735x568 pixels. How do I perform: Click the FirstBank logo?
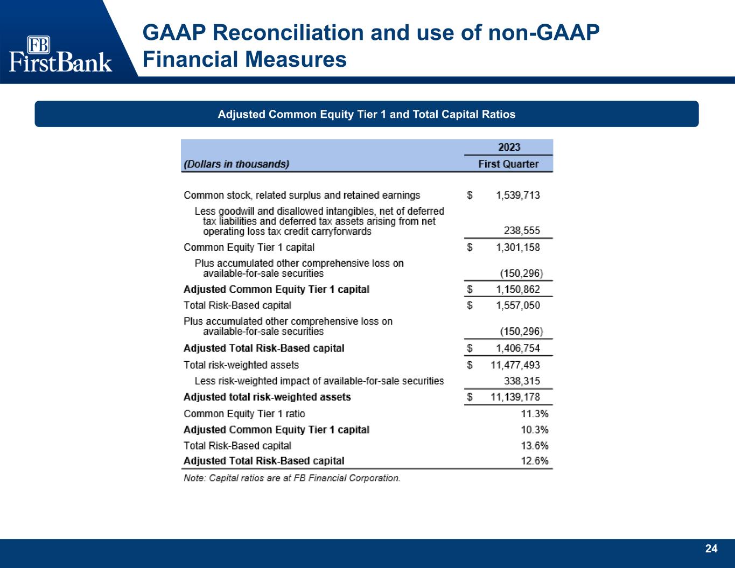(60, 54)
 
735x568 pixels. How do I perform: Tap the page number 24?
(711, 549)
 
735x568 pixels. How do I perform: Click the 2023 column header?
(509, 147)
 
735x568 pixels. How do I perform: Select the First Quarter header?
(508, 164)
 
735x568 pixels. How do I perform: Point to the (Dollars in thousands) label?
(236, 164)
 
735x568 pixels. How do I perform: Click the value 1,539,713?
(518, 195)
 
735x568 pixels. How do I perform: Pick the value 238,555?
(522, 230)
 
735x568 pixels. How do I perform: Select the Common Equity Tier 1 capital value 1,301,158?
(518, 247)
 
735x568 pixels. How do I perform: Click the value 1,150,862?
(518, 290)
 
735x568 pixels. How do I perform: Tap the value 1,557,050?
(518, 305)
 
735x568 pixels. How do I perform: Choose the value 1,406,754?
(518, 348)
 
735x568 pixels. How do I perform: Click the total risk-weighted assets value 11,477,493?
(515, 365)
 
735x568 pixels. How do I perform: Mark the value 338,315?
(522, 381)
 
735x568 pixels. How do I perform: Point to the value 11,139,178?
(515, 397)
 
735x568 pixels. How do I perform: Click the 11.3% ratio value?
(534, 413)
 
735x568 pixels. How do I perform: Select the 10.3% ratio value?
(534, 430)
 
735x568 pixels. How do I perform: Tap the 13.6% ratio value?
(534, 446)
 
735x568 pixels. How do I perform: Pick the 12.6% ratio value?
(534, 461)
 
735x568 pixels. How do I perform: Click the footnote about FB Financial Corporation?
(292, 478)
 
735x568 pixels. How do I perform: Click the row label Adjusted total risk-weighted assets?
(267, 397)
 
